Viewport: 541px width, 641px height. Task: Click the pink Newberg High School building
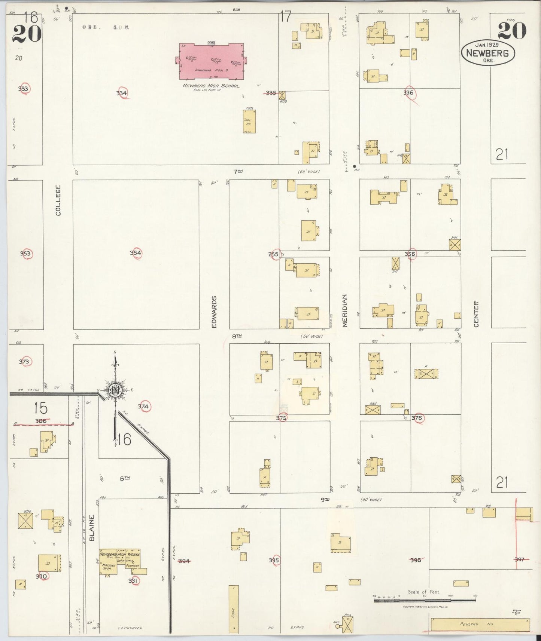point(211,61)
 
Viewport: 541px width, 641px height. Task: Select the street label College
point(58,200)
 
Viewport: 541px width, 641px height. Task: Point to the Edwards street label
point(215,312)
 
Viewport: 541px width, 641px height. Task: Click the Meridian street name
point(345,310)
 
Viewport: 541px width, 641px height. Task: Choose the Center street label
point(476,314)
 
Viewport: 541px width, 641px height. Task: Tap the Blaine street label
point(92,528)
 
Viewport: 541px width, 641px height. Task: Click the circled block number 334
point(122,93)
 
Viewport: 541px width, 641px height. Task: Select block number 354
point(136,253)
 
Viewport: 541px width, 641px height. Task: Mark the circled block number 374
point(143,407)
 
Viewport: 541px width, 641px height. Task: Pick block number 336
point(408,93)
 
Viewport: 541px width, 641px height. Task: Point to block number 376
point(417,418)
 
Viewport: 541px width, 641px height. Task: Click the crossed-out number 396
point(416,560)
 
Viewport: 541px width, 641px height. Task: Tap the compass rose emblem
point(115,390)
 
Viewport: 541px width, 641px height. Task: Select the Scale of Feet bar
point(425,600)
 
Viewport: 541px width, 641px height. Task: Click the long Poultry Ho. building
point(480,625)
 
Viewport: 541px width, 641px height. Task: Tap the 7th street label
point(238,172)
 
